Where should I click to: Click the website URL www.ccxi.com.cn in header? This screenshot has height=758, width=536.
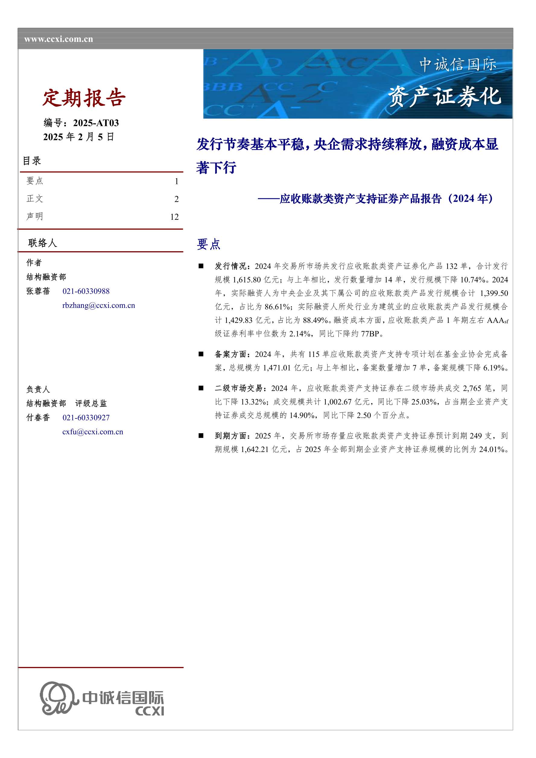pos(59,39)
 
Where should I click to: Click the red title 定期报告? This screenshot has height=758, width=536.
pos(84,98)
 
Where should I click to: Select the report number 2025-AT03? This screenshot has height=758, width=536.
pos(96,123)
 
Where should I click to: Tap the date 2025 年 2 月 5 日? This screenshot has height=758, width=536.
pos(79,137)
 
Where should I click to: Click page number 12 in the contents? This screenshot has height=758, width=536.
pos(174,217)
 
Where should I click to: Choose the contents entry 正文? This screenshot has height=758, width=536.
pos(35,199)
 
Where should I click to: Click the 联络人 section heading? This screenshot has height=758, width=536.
pos(42,243)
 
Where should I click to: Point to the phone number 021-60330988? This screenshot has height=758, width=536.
pos(86,291)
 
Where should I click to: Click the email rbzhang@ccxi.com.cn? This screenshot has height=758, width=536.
pos(98,305)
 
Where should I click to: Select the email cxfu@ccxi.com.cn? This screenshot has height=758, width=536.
pos(93,432)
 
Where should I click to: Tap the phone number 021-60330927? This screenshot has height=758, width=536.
pos(86,418)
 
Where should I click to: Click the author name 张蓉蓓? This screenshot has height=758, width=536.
pos(38,291)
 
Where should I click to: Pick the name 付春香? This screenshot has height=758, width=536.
pos(38,418)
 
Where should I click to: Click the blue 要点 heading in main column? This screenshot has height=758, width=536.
pos(208,244)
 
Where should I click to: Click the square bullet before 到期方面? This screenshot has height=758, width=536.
pos(201,436)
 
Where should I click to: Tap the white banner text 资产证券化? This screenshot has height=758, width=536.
pos(444,97)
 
